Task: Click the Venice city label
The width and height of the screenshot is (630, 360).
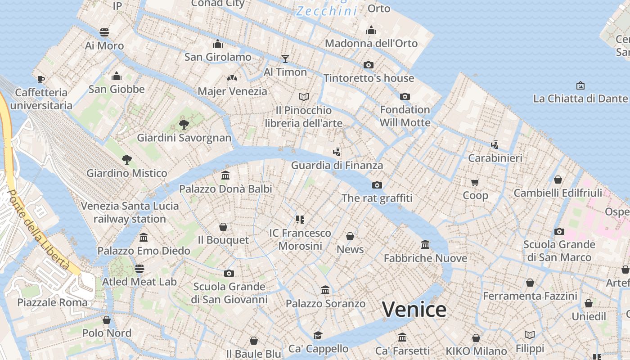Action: [x=414, y=310]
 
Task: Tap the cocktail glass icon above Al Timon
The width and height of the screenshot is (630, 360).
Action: [x=285, y=58]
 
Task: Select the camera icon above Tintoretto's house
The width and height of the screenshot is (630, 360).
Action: [x=369, y=65]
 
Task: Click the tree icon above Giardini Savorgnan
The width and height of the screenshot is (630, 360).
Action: [x=184, y=125]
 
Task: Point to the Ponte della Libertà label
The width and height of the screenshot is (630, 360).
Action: [x=38, y=229]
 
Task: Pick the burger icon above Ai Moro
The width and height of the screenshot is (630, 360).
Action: [x=104, y=32]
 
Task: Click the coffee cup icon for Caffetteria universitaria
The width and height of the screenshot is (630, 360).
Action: [x=41, y=80]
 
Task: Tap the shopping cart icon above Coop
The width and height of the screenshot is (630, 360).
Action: [x=475, y=182]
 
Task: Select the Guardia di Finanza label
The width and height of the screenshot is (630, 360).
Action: [x=337, y=165]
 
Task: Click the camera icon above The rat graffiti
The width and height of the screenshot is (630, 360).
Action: [x=377, y=185]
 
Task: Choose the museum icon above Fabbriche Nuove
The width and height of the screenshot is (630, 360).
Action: [x=425, y=245]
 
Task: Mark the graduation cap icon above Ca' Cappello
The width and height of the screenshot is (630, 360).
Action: [x=318, y=335]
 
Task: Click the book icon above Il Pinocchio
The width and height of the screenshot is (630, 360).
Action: [x=304, y=97]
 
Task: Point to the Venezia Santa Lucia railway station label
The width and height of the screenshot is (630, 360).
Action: [x=130, y=212]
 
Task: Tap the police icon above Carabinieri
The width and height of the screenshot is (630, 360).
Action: [x=495, y=145]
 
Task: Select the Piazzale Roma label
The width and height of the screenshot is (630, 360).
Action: [x=52, y=302]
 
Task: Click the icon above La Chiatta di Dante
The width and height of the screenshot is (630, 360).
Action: [x=580, y=85]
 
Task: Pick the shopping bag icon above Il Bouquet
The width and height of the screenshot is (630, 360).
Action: [x=223, y=227]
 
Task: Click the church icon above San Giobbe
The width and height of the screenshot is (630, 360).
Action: [x=117, y=76]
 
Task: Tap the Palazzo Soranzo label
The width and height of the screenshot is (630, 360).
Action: [x=326, y=304]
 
